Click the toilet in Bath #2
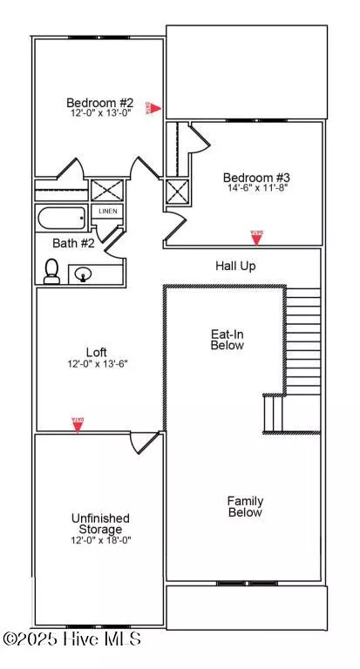[51, 271]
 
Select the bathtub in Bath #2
[62, 217]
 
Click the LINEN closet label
[107, 212]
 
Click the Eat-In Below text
[228, 339]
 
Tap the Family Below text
[245, 507]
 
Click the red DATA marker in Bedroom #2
[153, 108]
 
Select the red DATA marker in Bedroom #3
[256, 236]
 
